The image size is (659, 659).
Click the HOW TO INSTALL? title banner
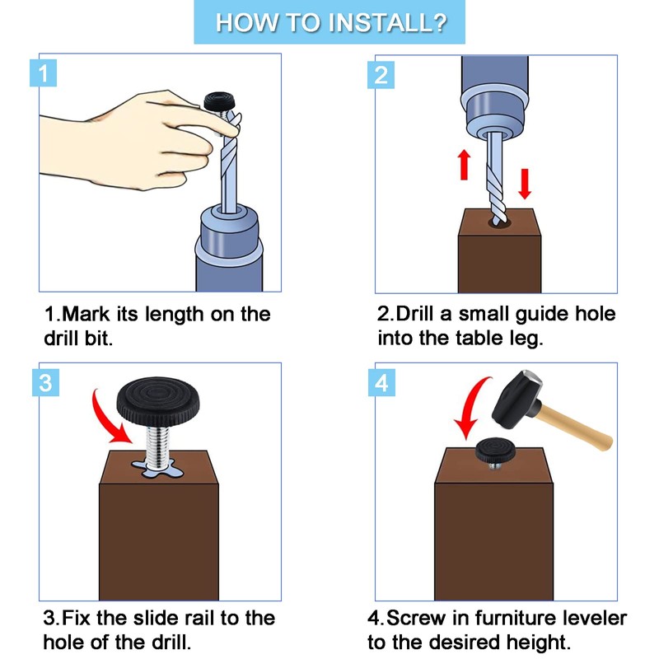(x=329, y=22)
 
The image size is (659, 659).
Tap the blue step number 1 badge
(x=44, y=73)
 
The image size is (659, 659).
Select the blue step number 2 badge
(x=381, y=75)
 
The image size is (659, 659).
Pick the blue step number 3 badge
(x=45, y=382)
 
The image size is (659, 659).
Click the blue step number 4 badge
(x=381, y=382)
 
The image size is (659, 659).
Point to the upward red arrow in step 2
(x=464, y=165)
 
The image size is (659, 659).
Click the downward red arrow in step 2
(x=525, y=184)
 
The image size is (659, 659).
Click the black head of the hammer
(x=517, y=400)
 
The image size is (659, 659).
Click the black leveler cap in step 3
(x=158, y=401)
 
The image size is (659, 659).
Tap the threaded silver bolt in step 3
(x=158, y=448)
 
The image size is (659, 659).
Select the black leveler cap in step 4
(x=496, y=450)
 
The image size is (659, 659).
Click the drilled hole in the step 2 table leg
(x=499, y=222)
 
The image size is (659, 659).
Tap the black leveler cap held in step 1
(x=220, y=100)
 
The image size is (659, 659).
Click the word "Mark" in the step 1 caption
(x=86, y=314)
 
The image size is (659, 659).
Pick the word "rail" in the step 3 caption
(x=197, y=618)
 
